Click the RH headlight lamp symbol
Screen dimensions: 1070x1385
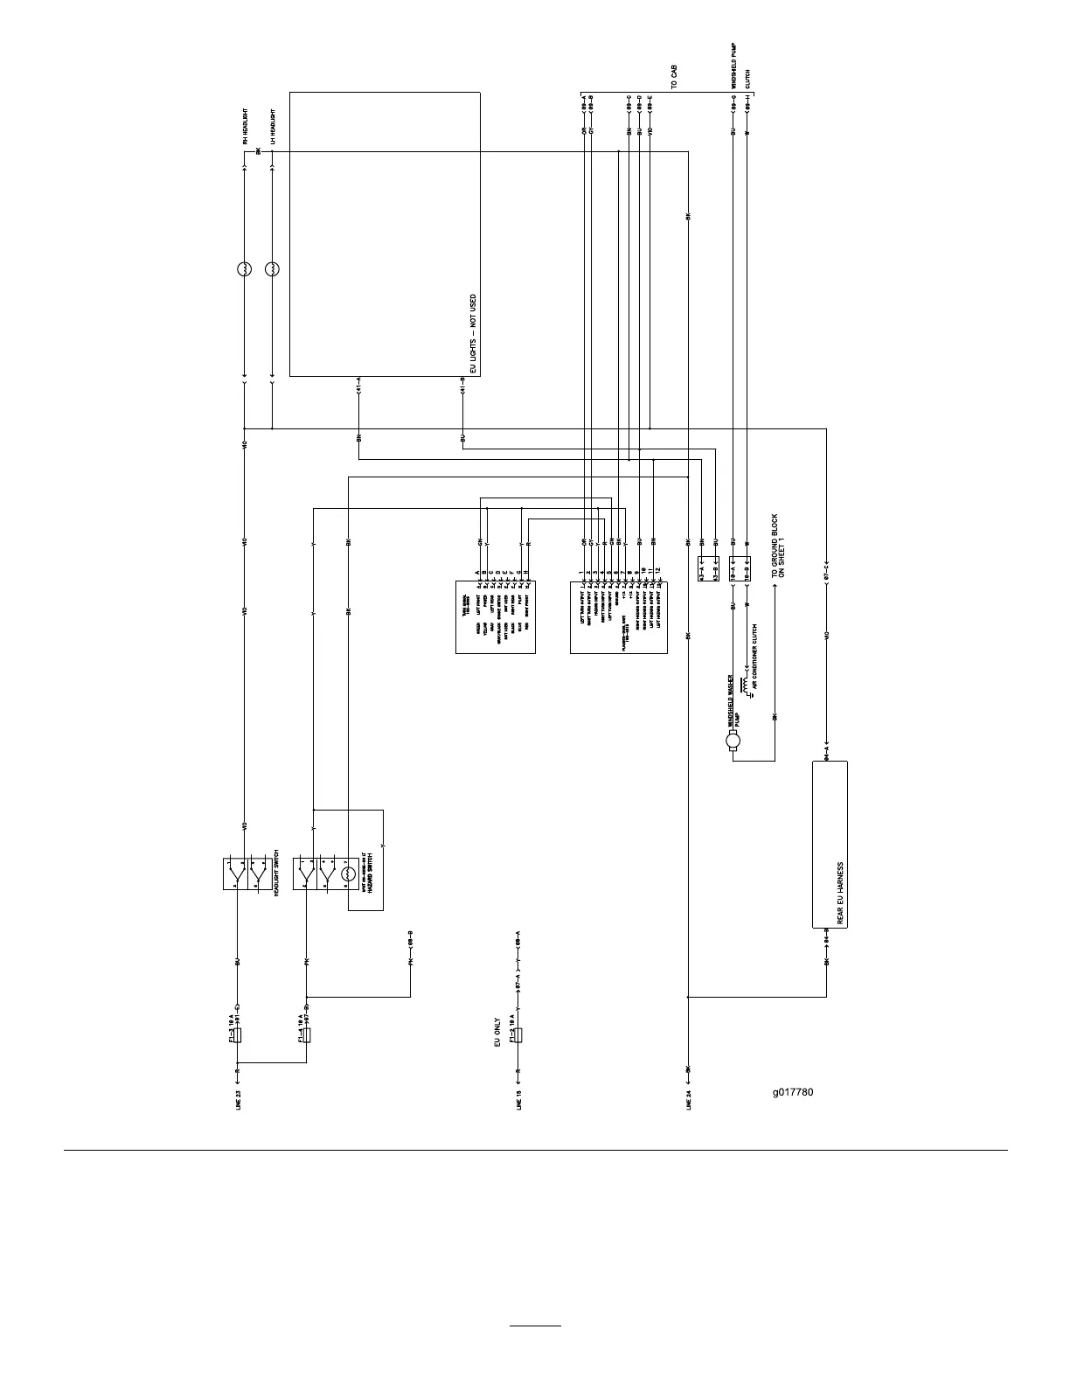click(245, 270)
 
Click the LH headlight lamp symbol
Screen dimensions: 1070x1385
click(273, 270)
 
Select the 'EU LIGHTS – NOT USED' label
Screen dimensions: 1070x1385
click(473, 334)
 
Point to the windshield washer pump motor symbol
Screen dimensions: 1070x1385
click(733, 742)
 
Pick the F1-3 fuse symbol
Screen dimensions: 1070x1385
click(238, 1036)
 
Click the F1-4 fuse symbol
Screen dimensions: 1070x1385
click(307, 1036)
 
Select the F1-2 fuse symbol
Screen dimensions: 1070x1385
click(520, 1036)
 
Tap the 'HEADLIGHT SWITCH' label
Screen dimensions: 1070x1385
click(276, 873)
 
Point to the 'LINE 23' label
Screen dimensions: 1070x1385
click(238, 1099)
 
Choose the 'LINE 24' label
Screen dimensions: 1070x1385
click(690, 1099)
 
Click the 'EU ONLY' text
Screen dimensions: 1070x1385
click(498, 1032)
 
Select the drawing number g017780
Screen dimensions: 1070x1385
click(792, 1091)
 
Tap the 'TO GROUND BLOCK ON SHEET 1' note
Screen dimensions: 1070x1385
click(778, 546)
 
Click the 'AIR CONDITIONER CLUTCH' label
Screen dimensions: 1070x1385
click(754, 657)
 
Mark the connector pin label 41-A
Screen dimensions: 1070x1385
click(359, 386)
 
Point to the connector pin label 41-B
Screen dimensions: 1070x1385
click(462, 386)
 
